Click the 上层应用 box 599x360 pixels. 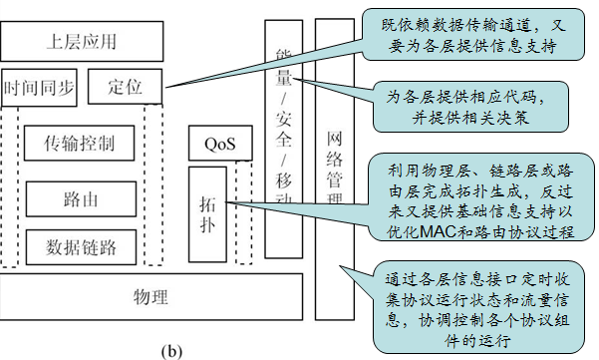pyautogui.click(x=80, y=43)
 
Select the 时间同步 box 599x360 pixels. pyautogui.click(x=40, y=87)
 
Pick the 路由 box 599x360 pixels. pyautogui.click(x=79, y=198)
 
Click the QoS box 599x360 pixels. pyautogui.click(x=218, y=144)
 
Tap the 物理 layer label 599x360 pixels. pyautogui.click(x=150, y=297)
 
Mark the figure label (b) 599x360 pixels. pyautogui.click(x=171, y=350)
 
